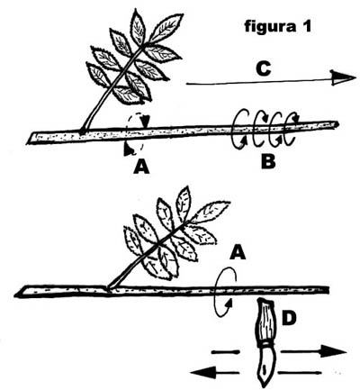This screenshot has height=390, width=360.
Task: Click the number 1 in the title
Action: click(306, 26)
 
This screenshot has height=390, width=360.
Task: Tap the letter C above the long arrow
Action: click(264, 68)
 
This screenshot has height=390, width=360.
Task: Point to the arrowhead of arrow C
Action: click(343, 77)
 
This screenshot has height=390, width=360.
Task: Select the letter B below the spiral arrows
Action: click(268, 162)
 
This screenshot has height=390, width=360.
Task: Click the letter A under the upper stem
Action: click(141, 167)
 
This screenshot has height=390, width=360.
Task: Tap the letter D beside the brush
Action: click(289, 319)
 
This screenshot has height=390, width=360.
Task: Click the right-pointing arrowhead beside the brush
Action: click(334, 351)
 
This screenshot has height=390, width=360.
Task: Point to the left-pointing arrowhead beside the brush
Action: click(202, 373)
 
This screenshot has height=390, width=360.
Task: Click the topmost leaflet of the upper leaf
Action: click(139, 27)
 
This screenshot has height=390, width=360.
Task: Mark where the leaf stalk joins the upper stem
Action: click(83, 131)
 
